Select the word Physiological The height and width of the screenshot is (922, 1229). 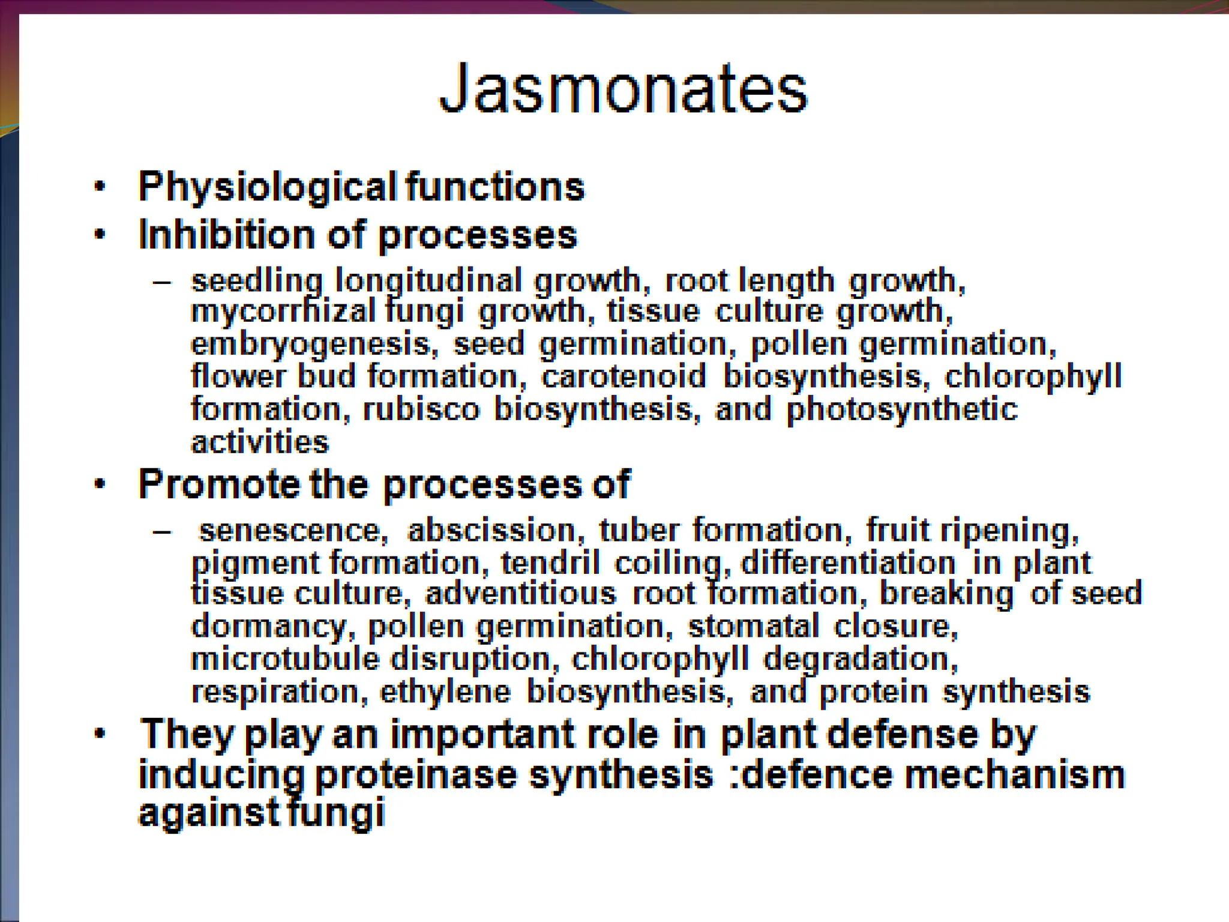point(268,187)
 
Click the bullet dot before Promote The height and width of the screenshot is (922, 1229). point(100,484)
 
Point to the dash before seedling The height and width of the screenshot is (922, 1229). point(161,282)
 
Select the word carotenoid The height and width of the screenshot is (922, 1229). point(624,377)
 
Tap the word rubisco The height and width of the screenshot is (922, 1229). point(422,410)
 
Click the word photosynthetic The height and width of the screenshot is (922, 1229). point(902,410)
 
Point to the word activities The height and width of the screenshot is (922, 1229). point(260,443)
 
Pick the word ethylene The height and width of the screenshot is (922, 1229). point(445,692)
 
